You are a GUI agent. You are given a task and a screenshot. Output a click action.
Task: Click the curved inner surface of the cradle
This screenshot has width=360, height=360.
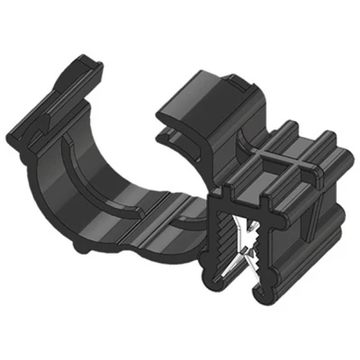[135, 180]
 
